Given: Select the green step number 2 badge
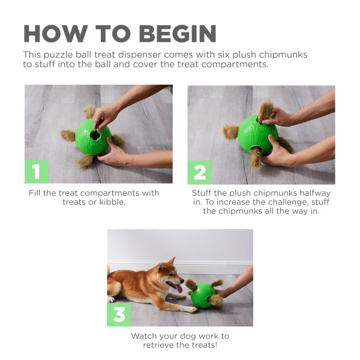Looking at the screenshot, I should click(x=200, y=172).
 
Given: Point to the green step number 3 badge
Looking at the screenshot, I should click(x=119, y=314).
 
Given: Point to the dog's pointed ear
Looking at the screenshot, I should click(x=172, y=262).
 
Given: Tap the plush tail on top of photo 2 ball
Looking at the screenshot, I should click(x=266, y=109).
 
